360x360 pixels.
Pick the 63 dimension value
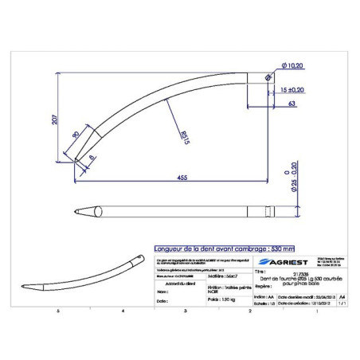[292, 104]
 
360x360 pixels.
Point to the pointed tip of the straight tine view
[77, 212]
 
